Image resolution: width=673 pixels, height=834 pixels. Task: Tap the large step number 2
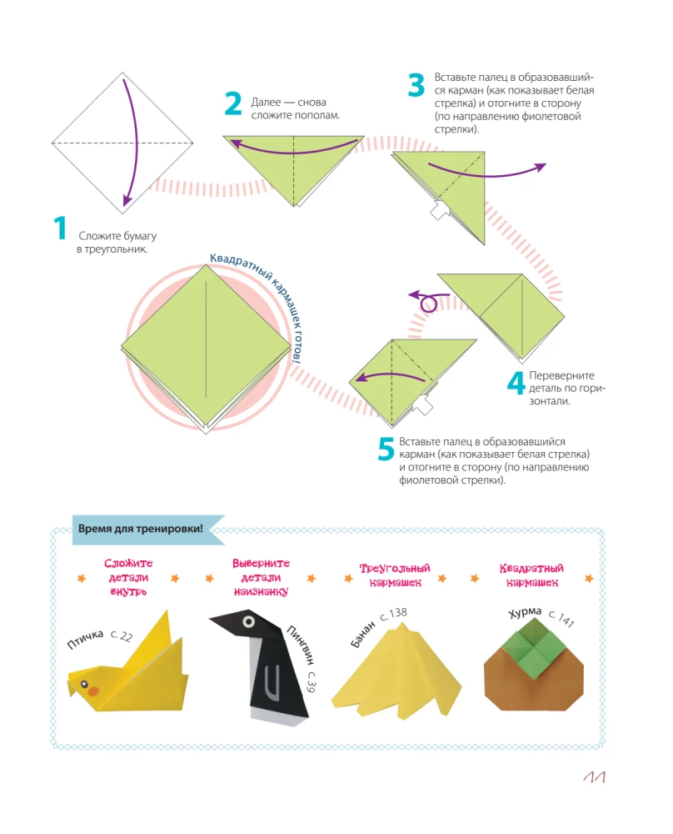(x=233, y=104)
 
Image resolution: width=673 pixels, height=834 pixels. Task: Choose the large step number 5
(x=386, y=449)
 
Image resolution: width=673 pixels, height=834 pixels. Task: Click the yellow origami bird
(x=125, y=667)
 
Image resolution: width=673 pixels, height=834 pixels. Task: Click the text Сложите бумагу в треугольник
(x=117, y=243)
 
